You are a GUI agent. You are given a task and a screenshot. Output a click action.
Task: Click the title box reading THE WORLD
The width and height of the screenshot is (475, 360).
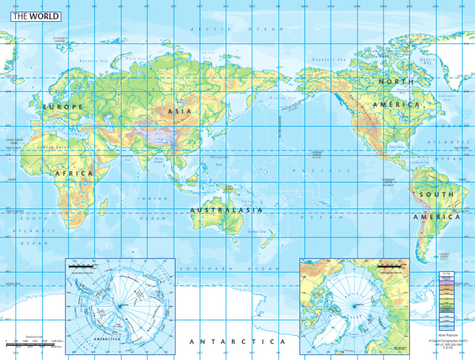point(36,17)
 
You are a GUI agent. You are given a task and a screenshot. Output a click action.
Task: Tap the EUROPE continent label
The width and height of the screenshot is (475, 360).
point(62,107)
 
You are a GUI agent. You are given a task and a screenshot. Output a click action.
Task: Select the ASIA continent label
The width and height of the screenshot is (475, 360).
point(179,111)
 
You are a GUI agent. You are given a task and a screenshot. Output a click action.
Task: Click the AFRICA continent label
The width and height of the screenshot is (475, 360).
point(74,174)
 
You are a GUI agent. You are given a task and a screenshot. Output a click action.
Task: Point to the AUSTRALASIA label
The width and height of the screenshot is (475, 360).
point(226,210)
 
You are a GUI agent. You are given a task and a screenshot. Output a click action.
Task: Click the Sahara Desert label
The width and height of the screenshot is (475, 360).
point(52,147)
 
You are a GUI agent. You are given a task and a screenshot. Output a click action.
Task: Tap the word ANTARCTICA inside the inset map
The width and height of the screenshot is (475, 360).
point(98,338)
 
